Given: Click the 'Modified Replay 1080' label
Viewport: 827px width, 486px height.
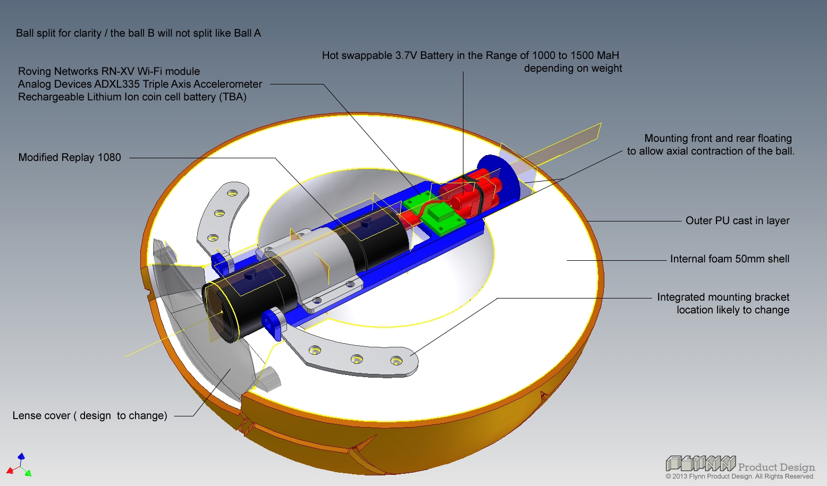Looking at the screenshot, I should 70,158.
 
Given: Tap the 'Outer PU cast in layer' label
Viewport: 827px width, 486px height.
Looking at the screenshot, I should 737,221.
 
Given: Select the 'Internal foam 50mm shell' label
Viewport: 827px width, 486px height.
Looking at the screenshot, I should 729,259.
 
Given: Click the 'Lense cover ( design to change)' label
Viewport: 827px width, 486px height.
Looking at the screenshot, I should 90,416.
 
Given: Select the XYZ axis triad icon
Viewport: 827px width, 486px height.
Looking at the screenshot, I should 20,466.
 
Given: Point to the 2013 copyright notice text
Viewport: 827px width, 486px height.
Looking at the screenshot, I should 740,476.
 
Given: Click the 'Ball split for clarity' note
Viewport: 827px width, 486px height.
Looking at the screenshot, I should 138,33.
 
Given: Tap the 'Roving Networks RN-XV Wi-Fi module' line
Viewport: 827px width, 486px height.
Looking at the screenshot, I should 109,72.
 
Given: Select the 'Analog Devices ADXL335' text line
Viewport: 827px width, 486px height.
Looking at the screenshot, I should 140,84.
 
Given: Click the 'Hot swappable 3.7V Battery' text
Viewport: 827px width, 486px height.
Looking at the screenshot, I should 470,56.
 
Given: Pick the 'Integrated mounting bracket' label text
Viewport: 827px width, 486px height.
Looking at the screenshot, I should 723,297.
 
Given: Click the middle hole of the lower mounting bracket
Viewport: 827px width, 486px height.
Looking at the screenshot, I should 356,359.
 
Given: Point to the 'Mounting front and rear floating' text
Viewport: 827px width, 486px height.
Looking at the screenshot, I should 718,139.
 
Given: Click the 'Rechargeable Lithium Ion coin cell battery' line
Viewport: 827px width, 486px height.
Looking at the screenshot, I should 132,97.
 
